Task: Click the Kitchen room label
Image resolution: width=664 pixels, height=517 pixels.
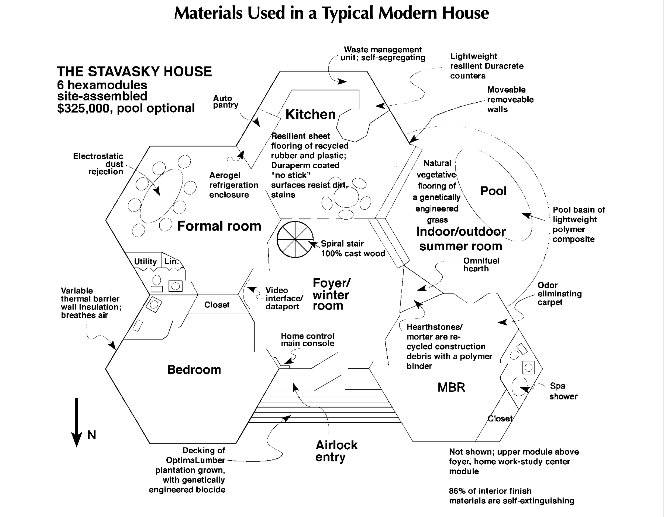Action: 310,115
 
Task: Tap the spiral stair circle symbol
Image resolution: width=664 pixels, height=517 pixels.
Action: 295,239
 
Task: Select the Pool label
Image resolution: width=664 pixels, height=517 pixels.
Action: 494,191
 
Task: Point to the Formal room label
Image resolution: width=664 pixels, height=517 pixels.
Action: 219,226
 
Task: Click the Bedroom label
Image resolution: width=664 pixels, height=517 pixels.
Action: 194,370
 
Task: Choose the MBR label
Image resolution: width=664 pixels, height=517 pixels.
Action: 451,387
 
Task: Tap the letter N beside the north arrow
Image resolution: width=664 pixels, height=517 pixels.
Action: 91,435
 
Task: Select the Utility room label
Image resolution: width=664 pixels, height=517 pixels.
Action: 145,261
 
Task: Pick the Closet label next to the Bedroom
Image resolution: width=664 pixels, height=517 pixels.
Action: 217,305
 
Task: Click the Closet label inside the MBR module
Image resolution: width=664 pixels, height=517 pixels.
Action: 500,418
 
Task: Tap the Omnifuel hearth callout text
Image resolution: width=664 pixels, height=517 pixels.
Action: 481,264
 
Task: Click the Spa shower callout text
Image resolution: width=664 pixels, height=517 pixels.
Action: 563,391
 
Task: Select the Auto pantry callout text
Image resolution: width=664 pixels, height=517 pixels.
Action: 226,102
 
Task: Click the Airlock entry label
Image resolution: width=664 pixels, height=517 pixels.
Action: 336,451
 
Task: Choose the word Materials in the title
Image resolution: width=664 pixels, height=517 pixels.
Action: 208,13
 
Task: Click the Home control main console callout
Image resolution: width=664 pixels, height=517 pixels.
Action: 307,340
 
